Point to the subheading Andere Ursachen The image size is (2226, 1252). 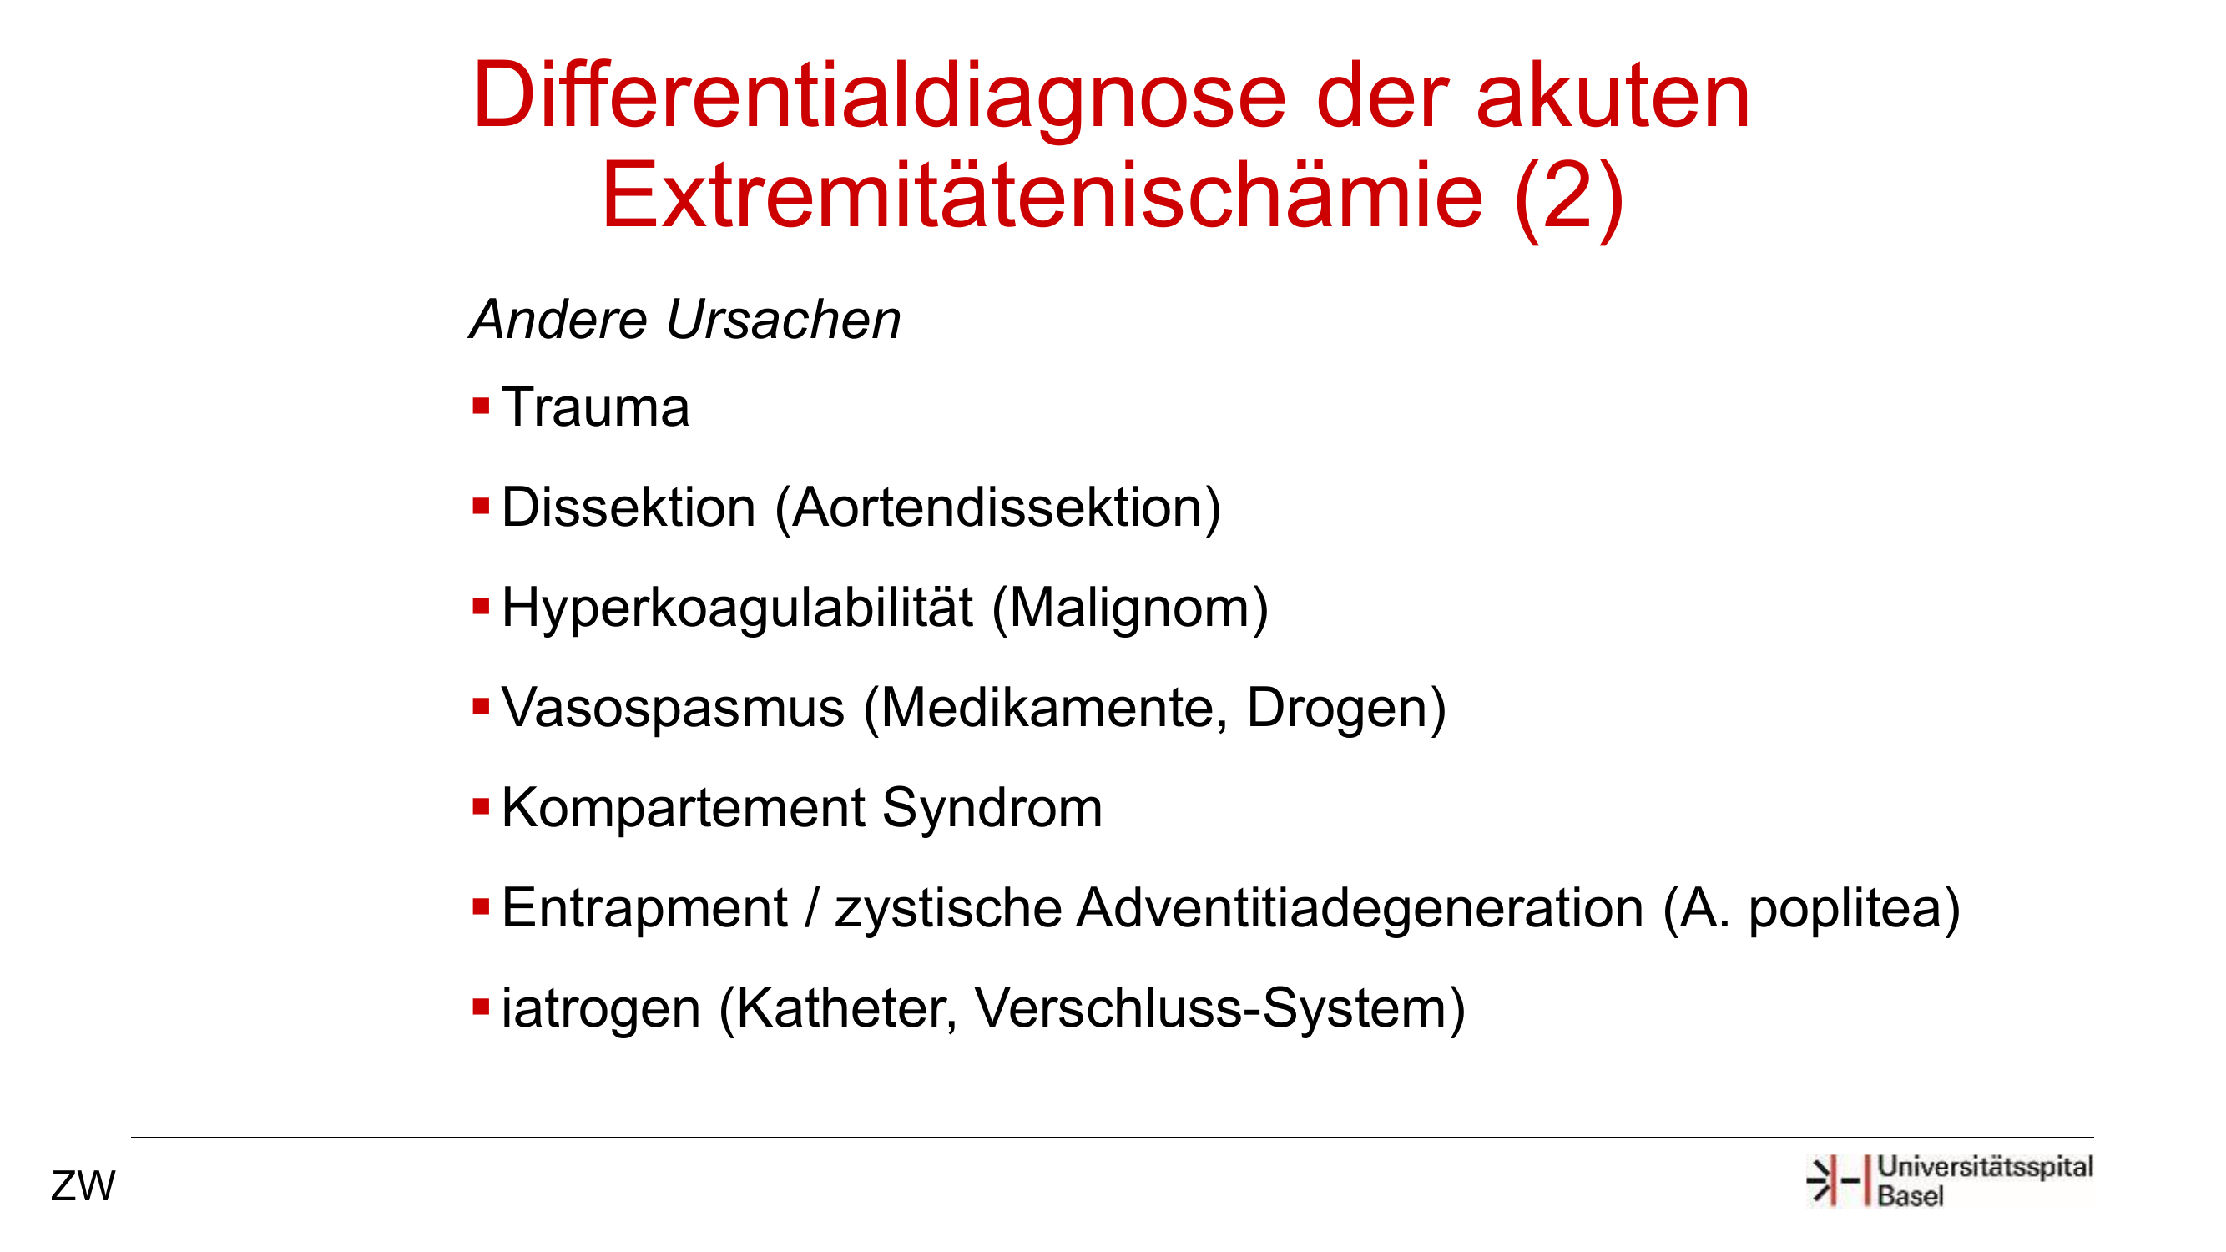(685, 320)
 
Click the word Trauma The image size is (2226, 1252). (595, 407)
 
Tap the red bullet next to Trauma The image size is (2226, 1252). (482, 406)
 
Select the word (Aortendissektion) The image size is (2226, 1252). (998, 508)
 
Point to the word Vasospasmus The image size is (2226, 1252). (674, 709)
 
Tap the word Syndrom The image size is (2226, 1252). (992, 810)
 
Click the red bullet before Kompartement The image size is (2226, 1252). (482, 807)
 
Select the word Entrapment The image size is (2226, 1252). (644, 910)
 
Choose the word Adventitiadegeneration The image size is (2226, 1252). (1360, 910)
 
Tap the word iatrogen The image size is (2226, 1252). (601, 1010)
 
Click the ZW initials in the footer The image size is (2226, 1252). (83, 1186)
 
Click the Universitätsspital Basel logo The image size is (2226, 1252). (1950, 1180)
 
